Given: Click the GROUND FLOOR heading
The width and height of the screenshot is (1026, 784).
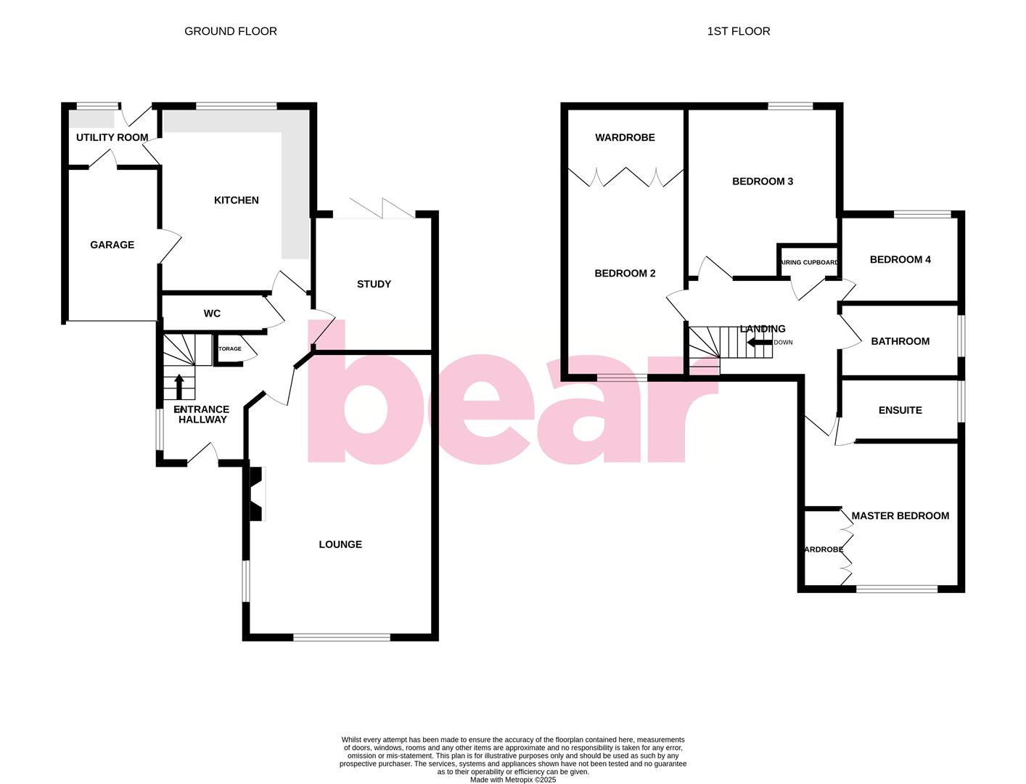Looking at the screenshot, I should (230, 31).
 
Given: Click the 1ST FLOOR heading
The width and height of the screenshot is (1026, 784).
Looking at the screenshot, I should (738, 31).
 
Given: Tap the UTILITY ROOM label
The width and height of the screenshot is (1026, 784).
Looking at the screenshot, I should (112, 137).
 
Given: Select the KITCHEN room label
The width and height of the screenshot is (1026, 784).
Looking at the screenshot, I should (236, 200).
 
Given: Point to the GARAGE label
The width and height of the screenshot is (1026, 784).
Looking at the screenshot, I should (112, 245).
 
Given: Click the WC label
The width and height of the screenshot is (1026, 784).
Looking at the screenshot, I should (212, 314).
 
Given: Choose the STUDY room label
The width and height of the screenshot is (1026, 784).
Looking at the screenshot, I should (374, 284).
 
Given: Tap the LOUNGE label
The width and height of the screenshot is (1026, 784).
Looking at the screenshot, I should (340, 544).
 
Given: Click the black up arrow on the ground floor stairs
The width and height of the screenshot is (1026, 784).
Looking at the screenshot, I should (179, 386).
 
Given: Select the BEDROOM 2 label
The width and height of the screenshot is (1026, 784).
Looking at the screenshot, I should (625, 274).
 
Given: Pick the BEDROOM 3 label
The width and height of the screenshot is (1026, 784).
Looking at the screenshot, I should (762, 181).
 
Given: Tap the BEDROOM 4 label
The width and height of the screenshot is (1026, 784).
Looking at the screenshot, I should (900, 260).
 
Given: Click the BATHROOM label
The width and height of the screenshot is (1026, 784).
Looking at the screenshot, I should (900, 341).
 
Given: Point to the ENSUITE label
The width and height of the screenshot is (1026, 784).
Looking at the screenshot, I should (900, 410).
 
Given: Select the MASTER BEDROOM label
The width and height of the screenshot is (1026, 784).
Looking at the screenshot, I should (900, 516).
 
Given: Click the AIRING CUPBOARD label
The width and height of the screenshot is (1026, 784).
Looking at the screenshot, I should (808, 263).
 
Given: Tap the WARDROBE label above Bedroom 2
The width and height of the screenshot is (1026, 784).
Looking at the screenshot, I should (625, 137).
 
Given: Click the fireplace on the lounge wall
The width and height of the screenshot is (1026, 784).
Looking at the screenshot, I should (256, 494).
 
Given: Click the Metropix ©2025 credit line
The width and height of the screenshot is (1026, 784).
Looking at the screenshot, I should (512, 780).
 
